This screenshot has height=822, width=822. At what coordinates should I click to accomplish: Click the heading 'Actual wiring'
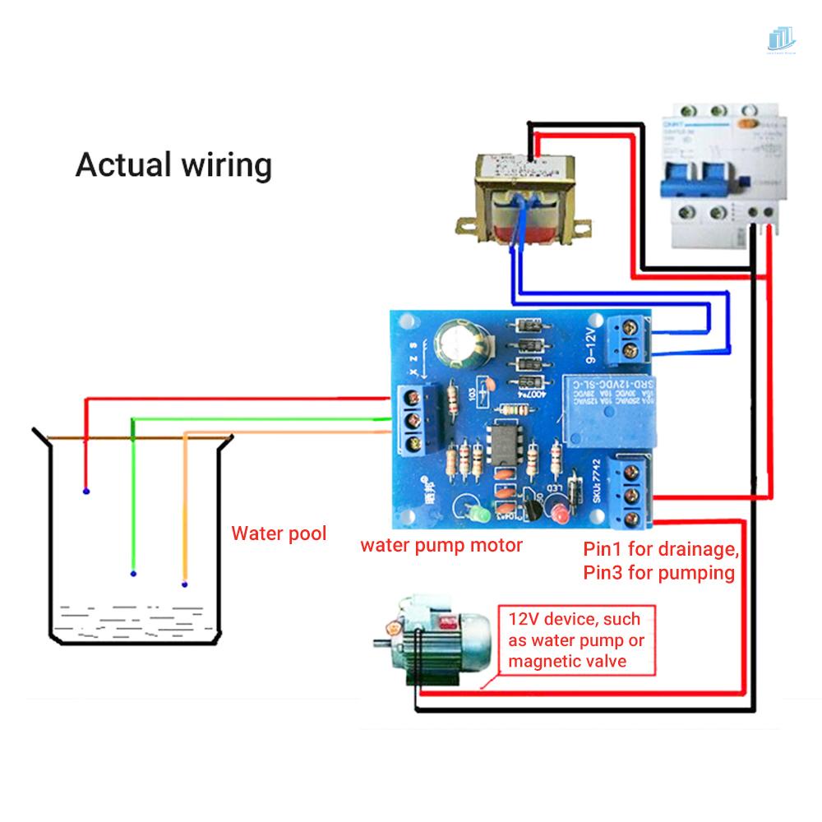(x=173, y=164)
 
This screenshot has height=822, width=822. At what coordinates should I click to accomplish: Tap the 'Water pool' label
(x=278, y=533)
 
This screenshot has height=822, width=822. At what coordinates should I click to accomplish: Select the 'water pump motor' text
(x=441, y=545)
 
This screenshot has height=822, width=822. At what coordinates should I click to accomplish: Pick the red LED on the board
(x=561, y=516)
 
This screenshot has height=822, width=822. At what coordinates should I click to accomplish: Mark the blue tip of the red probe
(x=85, y=492)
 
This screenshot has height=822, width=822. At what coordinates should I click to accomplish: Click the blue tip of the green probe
(x=133, y=573)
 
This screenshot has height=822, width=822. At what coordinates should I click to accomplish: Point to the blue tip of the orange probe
(x=184, y=584)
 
